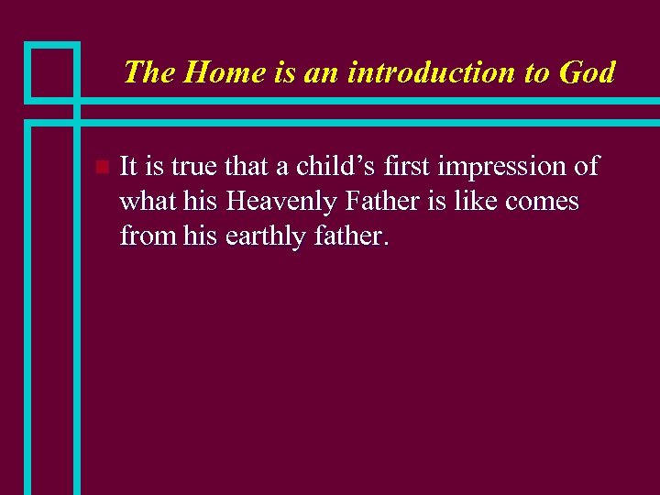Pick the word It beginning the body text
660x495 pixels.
[x=129, y=167]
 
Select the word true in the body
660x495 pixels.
[x=196, y=167]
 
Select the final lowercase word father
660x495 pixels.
[x=352, y=236]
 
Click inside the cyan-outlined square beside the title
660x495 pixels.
[x=51, y=71]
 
